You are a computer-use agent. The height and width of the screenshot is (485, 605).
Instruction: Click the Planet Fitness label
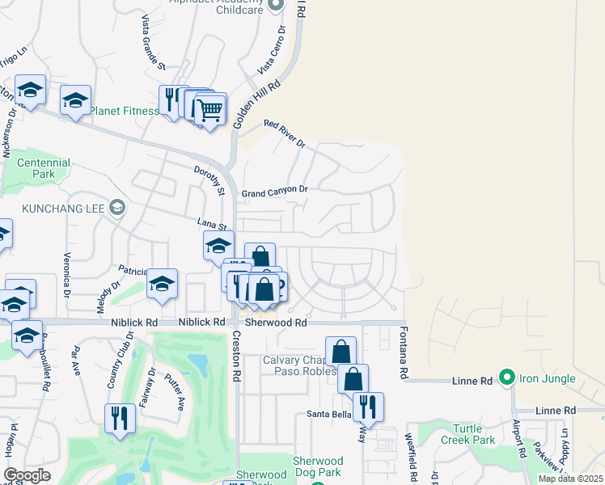pyautogui.click(x=124, y=112)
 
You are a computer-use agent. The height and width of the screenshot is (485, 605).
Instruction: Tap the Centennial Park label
pyautogui.click(x=44, y=168)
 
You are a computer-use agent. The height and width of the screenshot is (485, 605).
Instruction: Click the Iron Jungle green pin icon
pyautogui.click(x=507, y=377)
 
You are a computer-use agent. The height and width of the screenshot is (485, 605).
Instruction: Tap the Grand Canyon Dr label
pyautogui.click(x=275, y=192)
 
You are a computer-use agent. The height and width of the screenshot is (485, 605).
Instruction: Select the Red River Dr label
pyautogui.click(x=284, y=133)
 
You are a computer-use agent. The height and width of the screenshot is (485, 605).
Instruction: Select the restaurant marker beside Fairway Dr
pyautogui.click(x=121, y=418)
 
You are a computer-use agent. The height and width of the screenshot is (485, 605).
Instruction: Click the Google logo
pyautogui.click(x=27, y=475)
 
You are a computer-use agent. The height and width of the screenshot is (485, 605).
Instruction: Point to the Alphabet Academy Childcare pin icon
pyautogui.click(x=276, y=4)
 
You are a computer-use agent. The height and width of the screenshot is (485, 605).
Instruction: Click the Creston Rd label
pyautogui.click(x=237, y=356)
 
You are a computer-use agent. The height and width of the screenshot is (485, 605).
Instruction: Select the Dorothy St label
pyautogui.click(x=208, y=181)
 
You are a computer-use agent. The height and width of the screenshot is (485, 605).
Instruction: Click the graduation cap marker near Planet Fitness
pyautogui.click(x=75, y=101)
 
